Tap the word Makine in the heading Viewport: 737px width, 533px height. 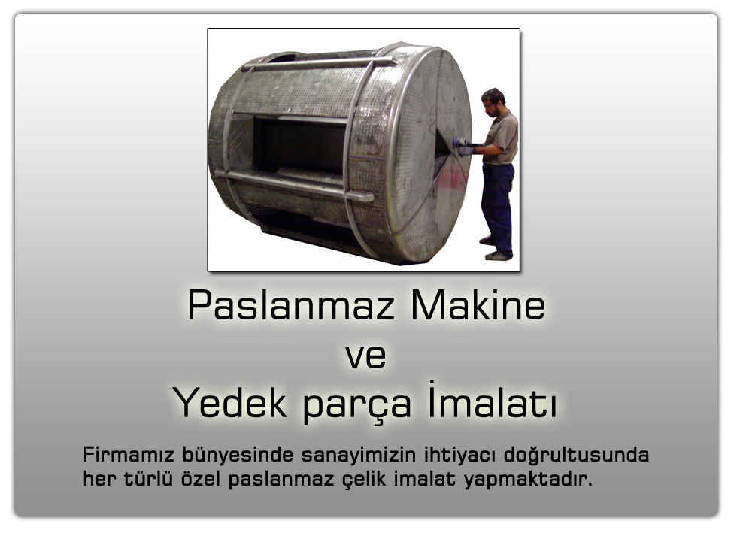(478, 306)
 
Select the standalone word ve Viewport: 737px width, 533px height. (366, 357)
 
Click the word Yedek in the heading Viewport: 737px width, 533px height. (230, 403)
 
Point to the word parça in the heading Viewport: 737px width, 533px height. (357, 406)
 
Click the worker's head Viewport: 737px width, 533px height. (493, 101)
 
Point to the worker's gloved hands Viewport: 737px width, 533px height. (466, 147)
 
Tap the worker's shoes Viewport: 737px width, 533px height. (495, 249)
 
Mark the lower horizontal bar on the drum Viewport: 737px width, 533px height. (294, 185)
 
